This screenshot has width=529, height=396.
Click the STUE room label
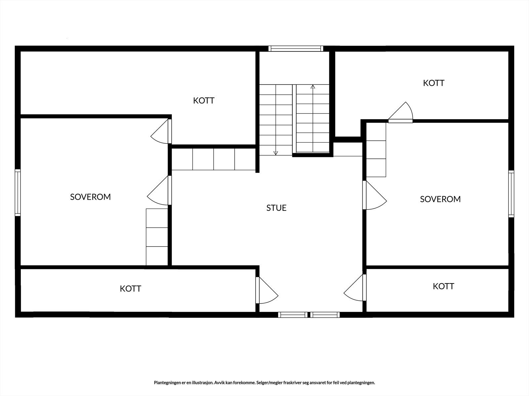click(x=276, y=208)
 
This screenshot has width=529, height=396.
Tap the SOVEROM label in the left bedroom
click(x=90, y=197)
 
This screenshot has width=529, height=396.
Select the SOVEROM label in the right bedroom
click(x=440, y=199)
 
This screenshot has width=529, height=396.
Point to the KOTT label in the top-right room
click(x=433, y=83)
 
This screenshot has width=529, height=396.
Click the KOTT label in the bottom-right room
click(x=443, y=286)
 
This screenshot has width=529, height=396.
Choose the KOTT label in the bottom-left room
click(x=130, y=289)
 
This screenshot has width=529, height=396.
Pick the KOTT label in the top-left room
click(x=204, y=101)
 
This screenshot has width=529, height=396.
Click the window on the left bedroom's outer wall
click(x=18, y=193)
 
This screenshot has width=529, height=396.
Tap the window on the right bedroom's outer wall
click(x=511, y=194)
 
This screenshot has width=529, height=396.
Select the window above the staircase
click(x=296, y=49)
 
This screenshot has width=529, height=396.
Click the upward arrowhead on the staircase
click(x=313, y=87)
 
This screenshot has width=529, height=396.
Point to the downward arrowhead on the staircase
click(x=276, y=153)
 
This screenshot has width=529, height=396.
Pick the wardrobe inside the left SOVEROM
click(x=157, y=237)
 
